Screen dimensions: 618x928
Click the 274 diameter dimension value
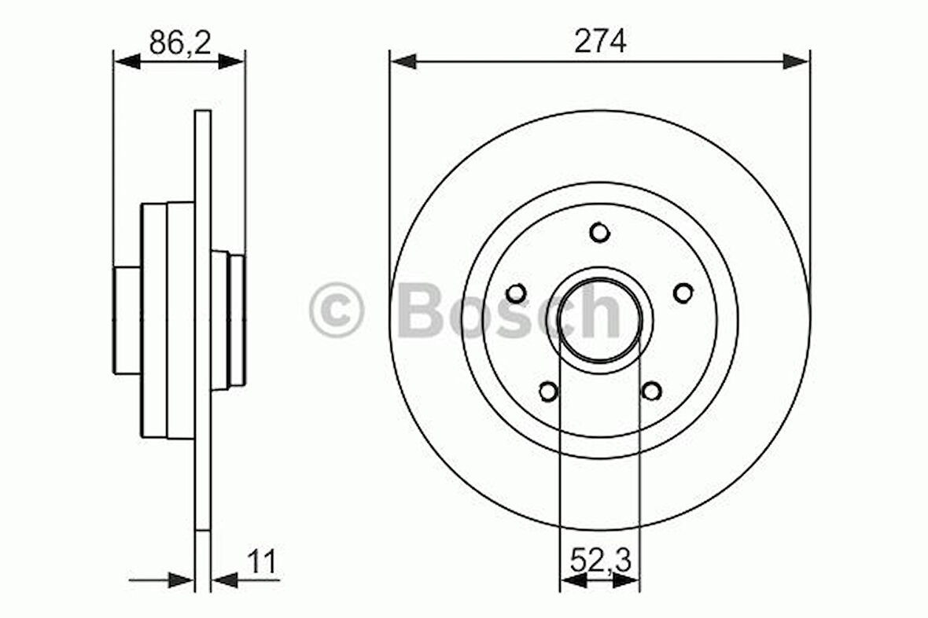coord(599,42)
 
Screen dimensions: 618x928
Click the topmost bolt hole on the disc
coord(599,233)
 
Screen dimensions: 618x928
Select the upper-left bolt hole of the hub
coord(516,293)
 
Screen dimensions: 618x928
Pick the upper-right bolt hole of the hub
coord(683,292)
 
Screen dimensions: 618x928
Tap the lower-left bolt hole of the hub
coord(547,390)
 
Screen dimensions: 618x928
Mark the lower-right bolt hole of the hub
coord(652,390)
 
